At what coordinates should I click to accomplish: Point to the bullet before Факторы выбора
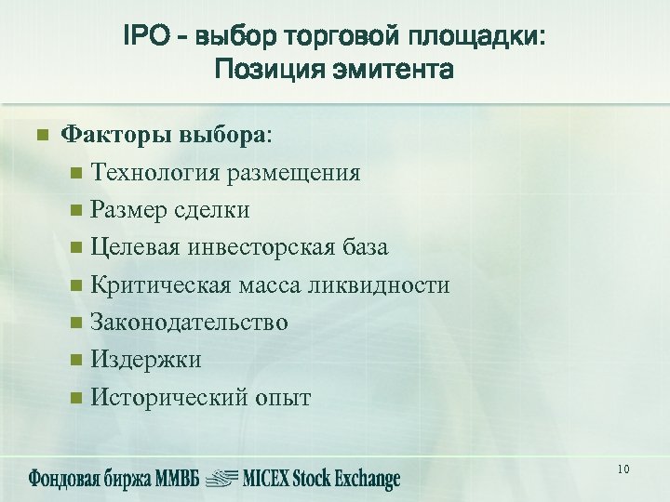[41, 136]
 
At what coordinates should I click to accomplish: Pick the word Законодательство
[190, 323]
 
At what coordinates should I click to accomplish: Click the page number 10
[623, 469]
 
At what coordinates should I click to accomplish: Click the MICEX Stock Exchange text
[321, 479]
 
